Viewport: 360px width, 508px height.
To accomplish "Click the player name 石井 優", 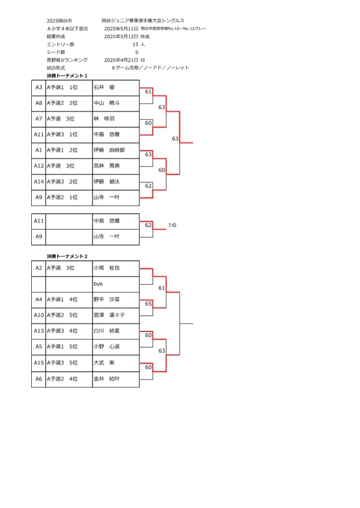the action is (x=104, y=87).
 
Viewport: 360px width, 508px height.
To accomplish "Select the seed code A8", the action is (x=39, y=103).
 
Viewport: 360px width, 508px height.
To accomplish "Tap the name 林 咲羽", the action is (x=104, y=119).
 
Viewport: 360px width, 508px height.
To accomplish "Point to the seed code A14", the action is (x=39, y=182).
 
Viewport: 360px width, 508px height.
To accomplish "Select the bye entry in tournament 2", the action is (x=98, y=284).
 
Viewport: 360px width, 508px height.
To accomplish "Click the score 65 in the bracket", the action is (x=148, y=304).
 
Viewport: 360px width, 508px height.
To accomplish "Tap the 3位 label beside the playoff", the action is (x=172, y=225).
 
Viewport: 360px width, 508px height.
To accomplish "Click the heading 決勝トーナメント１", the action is (x=67, y=76).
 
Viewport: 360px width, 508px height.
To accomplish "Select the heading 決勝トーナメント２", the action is (x=67, y=256).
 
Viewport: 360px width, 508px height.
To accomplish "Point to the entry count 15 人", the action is (x=139, y=44).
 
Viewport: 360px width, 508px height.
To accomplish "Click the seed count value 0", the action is (x=137, y=52).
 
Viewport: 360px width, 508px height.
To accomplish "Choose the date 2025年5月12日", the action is (x=121, y=37).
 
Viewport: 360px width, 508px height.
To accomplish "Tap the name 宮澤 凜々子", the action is (x=109, y=315).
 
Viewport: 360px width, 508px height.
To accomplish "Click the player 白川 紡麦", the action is (x=107, y=331).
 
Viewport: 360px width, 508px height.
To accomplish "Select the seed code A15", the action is (x=39, y=363).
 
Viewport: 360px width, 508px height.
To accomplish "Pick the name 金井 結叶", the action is (x=107, y=379).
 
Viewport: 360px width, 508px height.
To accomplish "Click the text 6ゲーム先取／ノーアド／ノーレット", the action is (x=150, y=67).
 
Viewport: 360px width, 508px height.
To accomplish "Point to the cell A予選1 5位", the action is (x=62, y=347).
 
